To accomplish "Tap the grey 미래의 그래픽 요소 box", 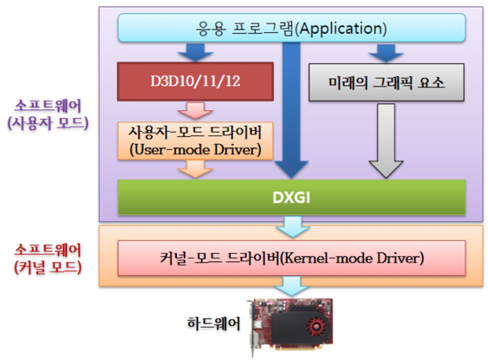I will [x=386, y=85].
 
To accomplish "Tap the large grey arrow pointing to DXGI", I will [x=386, y=143].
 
